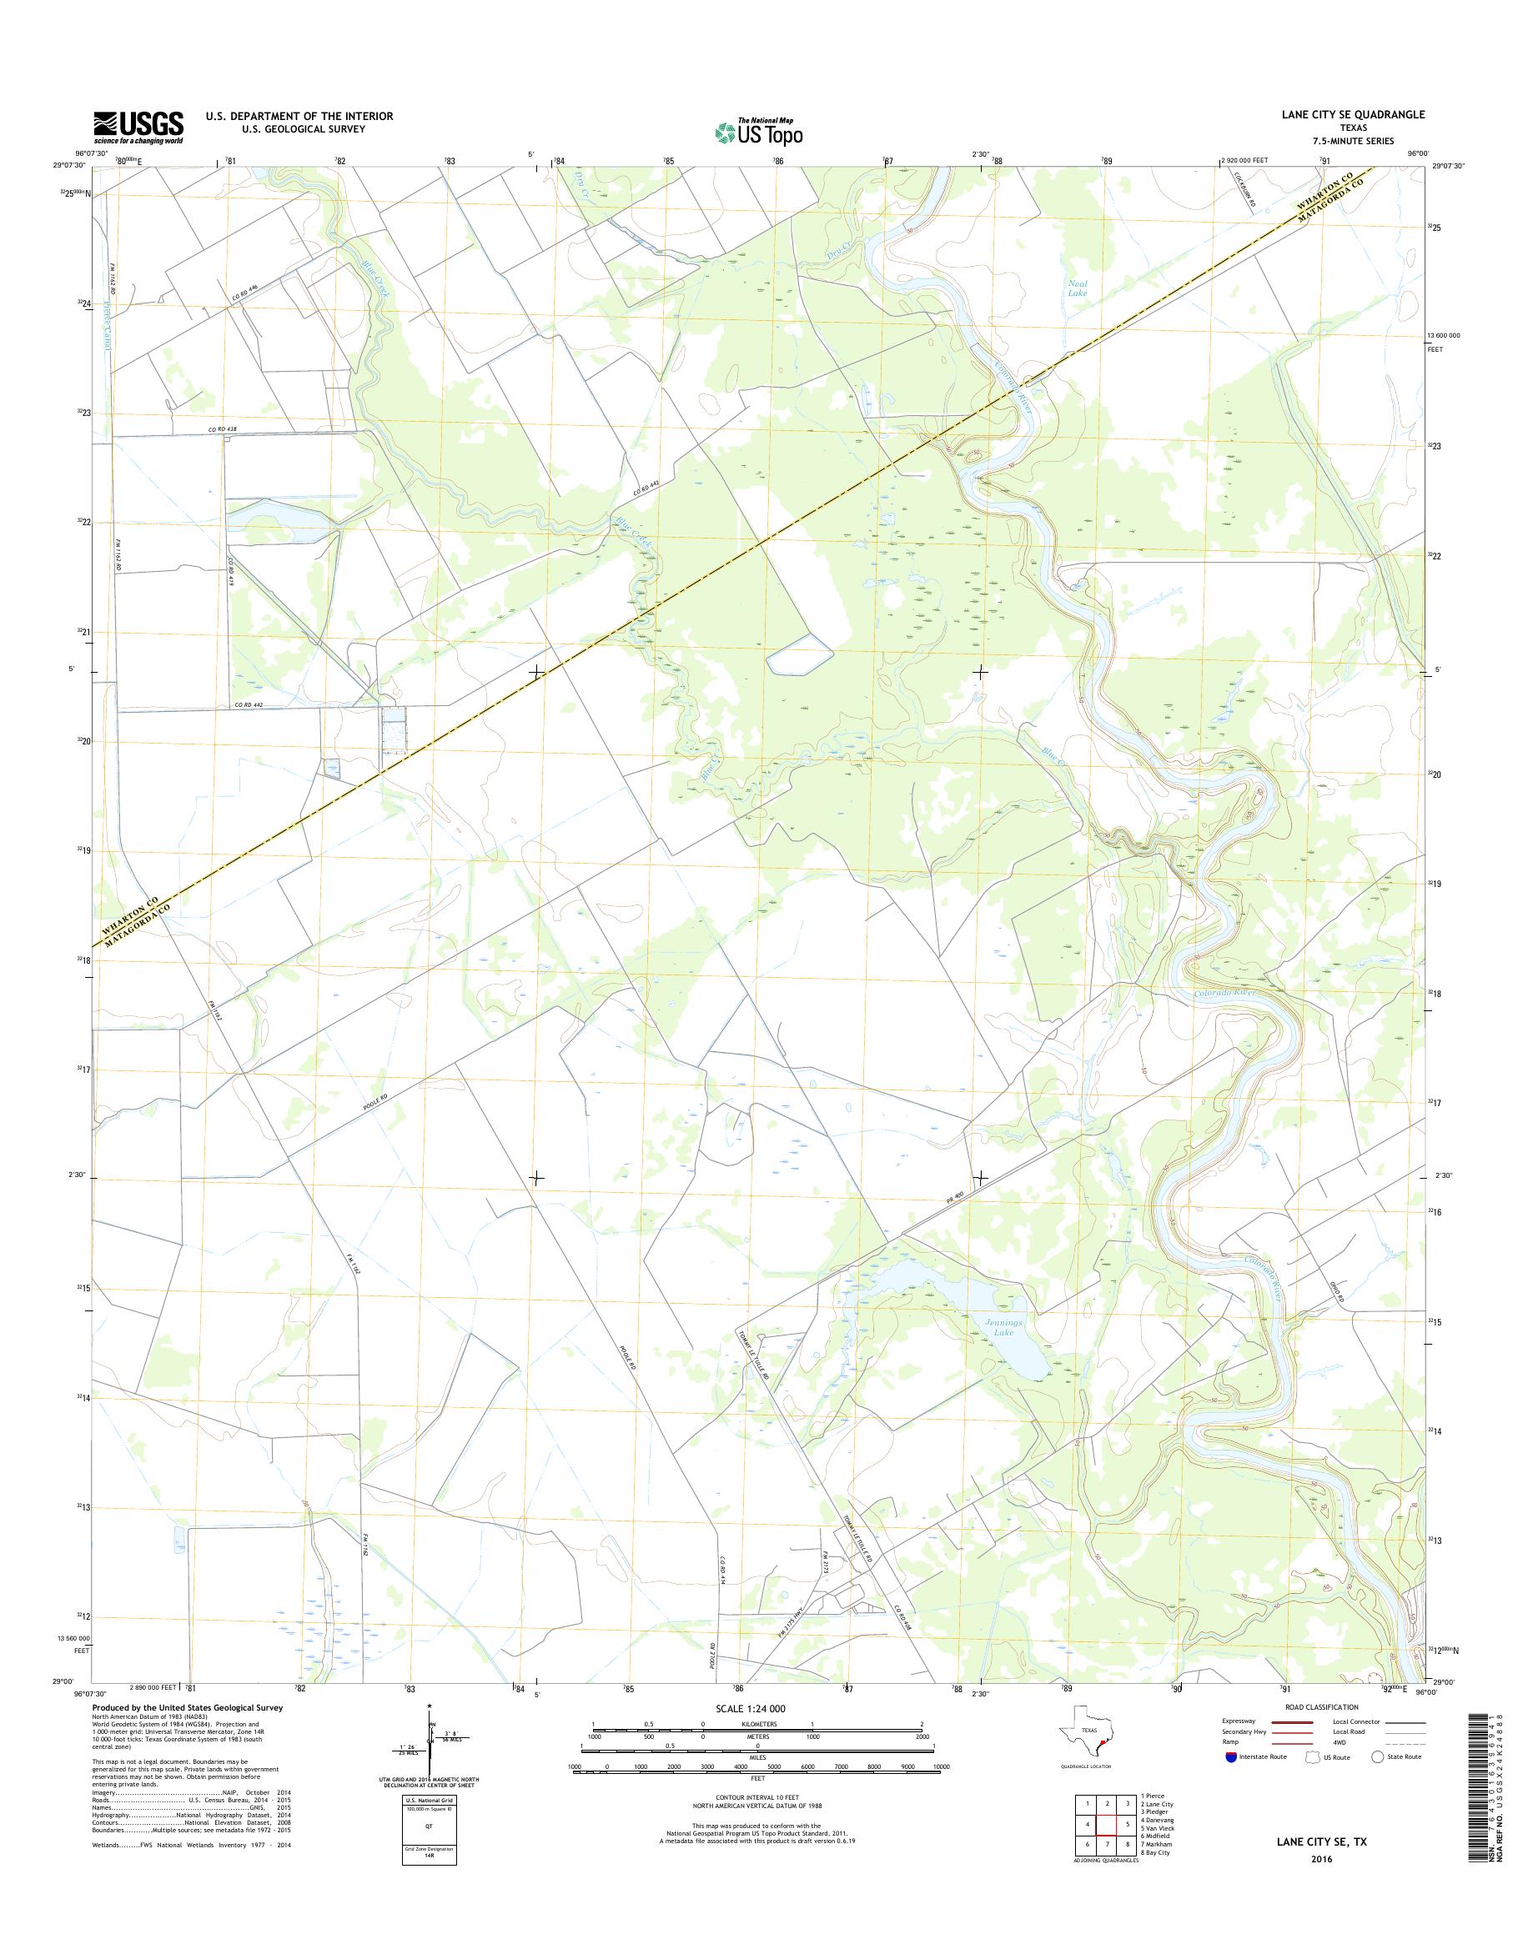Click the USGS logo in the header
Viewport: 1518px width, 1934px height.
(138, 127)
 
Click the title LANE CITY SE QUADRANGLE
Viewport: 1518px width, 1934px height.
(1353, 114)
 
